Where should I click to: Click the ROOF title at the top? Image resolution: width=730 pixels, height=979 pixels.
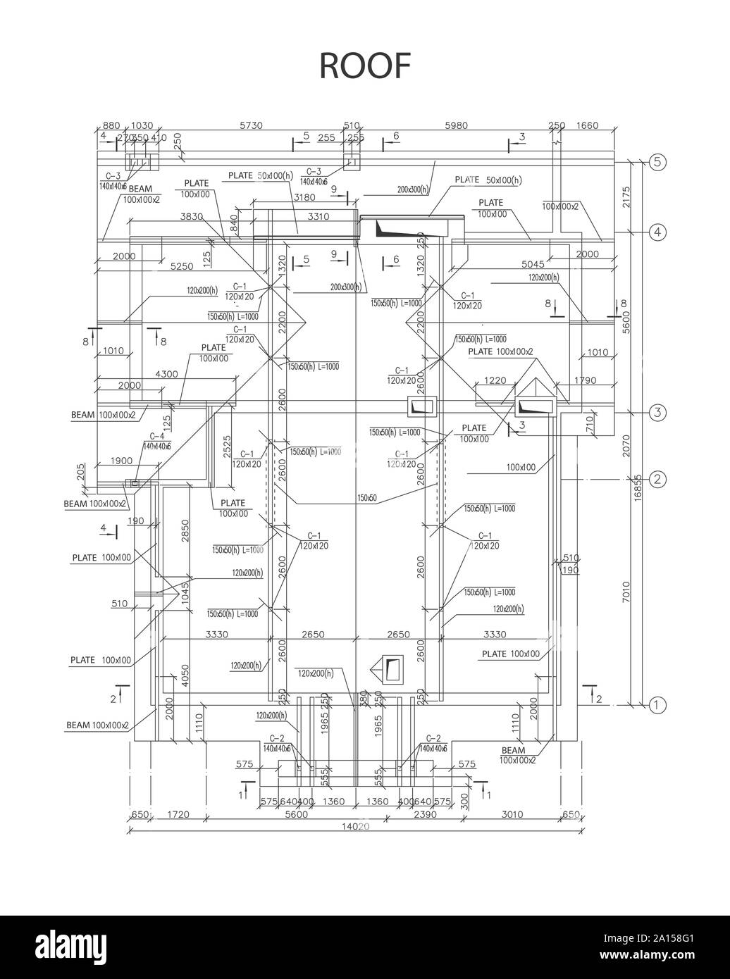[365, 65]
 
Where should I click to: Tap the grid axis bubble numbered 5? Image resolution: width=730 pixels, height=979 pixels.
[657, 162]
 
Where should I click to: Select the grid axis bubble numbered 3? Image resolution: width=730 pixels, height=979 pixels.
[657, 413]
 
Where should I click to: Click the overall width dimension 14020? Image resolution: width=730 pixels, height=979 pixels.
[355, 827]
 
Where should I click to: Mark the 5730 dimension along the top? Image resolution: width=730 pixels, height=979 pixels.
[251, 126]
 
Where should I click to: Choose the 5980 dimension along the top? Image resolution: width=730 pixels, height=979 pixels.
[456, 126]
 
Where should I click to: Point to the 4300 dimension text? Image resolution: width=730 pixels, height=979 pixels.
[166, 374]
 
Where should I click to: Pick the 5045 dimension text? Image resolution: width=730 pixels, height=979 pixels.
[533, 264]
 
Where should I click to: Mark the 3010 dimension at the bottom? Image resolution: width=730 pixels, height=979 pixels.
[512, 814]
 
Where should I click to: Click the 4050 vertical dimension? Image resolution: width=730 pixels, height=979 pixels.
[185, 675]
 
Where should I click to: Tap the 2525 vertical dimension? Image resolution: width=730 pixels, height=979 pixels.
[228, 448]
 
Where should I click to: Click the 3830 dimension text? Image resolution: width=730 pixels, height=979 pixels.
[192, 217]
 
